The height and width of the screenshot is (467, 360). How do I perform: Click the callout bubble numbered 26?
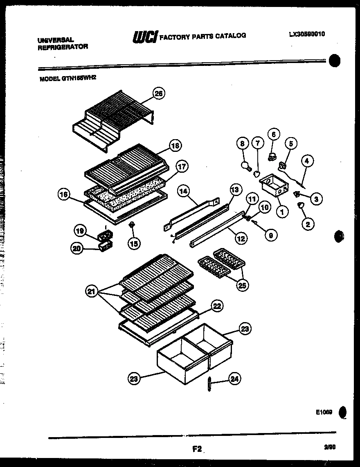158,94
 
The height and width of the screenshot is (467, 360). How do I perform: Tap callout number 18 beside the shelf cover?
175,145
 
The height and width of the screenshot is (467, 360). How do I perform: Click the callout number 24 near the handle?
234,379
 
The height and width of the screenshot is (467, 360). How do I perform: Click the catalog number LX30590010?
306,34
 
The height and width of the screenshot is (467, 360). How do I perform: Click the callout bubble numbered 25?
242,285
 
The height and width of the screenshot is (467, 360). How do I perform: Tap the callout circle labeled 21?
92,291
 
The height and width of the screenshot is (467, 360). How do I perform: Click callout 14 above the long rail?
184,190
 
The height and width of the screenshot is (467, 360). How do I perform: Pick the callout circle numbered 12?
241,238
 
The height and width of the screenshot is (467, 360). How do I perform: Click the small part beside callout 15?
132,225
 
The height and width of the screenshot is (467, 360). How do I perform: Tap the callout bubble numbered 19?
80,231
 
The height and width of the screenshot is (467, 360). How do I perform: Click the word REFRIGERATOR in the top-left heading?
63,47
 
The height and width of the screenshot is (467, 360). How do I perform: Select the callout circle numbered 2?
308,223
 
